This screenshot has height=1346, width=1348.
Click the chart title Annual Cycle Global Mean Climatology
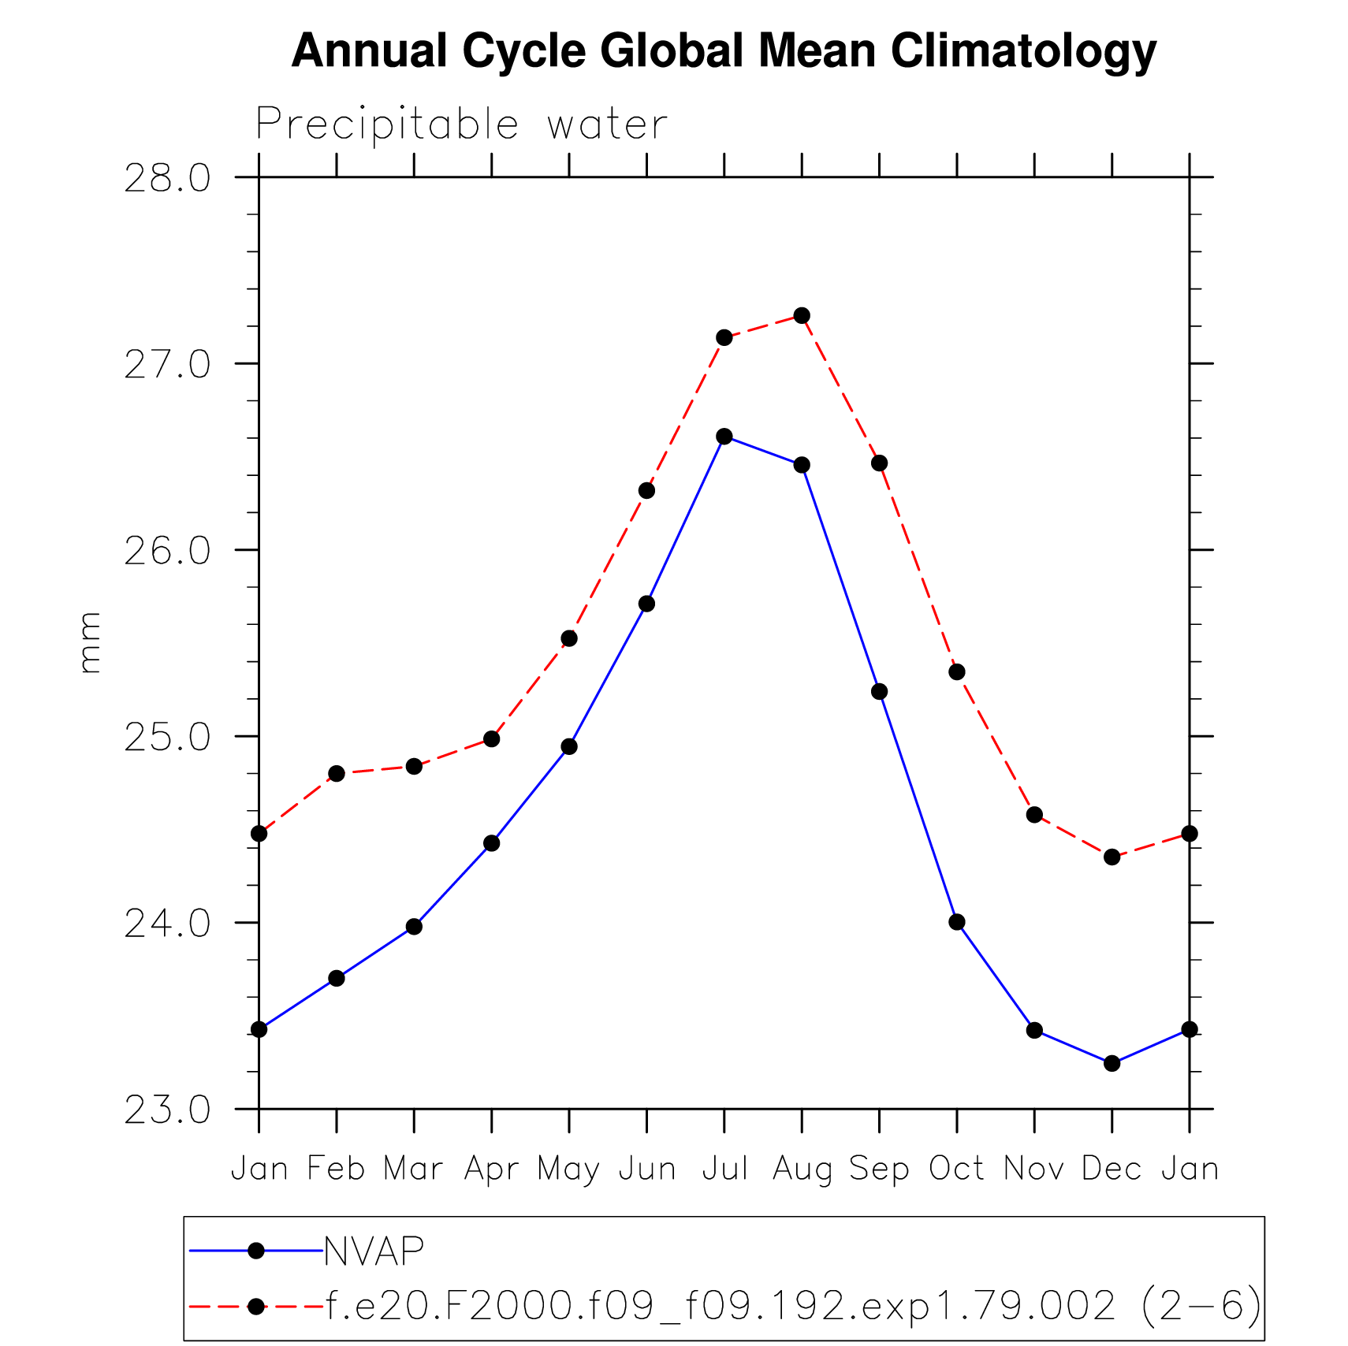tap(724, 51)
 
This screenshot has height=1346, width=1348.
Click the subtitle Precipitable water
tap(461, 125)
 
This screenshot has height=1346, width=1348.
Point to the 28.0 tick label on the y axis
tap(167, 179)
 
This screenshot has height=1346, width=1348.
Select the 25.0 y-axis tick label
tap(167, 738)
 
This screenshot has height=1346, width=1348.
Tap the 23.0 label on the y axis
tap(167, 1110)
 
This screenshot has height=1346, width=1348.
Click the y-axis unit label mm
tap(90, 642)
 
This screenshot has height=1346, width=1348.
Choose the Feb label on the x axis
tap(336, 1168)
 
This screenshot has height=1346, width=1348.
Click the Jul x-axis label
tap(724, 1168)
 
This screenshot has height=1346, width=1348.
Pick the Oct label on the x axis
tap(956, 1168)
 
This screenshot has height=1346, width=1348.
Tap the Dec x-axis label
tap(1112, 1168)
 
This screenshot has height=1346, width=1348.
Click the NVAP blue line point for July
tap(724, 437)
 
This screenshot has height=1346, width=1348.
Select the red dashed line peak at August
tap(802, 315)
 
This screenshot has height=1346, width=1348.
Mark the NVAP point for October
tap(957, 922)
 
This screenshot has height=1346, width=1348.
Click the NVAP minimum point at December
tap(1112, 1063)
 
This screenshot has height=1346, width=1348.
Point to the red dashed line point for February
tap(337, 774)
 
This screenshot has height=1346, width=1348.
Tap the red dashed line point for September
tap(879, 463)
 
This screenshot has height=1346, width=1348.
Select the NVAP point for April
tap(492, 843)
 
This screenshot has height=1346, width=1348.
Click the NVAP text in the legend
tap(374, 1251)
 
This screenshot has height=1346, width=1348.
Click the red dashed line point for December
tap(1112, 857)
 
